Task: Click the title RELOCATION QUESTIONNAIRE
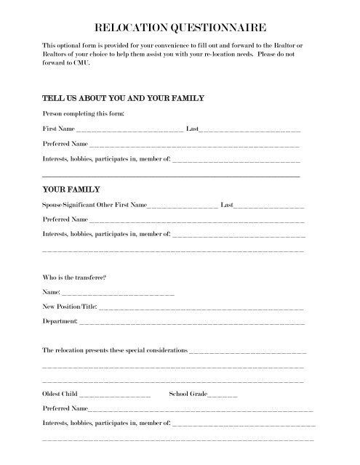pyautogui.click(x=180, y=28)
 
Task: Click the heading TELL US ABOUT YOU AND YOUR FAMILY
pyautogui.click(x=123, y=98)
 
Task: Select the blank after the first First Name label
pyautogui.click(x=124, y=129)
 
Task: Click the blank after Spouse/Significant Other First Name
pyautogui.click(x=182, y=207)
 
